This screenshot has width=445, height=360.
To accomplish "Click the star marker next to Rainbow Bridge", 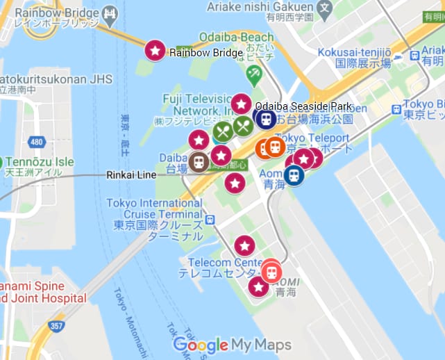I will [x=155, y=50].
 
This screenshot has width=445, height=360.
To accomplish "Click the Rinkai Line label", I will [x=131, y=175].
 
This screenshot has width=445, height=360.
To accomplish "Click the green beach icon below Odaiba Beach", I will [x=255, y=73].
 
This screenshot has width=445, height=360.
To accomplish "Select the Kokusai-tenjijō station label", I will [x=355, y=57].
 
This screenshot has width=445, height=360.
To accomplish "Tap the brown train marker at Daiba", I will [x=199, y=162].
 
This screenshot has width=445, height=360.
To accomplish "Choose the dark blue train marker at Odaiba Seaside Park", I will [x=266, y=119].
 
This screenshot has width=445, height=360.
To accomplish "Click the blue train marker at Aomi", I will [x=294, y=174].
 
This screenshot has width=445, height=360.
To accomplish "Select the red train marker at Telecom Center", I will [x=271, y=270].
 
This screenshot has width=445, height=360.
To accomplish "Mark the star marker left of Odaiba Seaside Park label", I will [x=241, y=104].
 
